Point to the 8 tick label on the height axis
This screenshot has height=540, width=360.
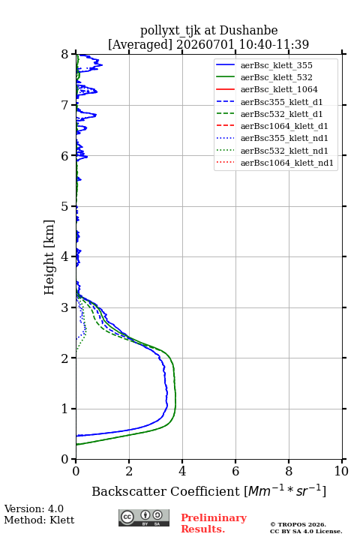[x=64, y=54]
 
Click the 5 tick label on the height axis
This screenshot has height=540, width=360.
[x=64, y=206]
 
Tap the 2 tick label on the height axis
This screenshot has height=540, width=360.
[x=64, y=358]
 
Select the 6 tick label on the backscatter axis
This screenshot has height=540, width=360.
[x=235, y=471]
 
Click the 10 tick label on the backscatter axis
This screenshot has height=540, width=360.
[x=341, y=471]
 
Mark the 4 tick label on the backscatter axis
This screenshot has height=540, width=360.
[x=182, y=471]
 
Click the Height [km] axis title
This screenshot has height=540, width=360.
[x=49, y=257]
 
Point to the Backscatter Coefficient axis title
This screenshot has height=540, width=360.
[x=208, y=490]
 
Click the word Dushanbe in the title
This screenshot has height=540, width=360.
[x=248, y=30]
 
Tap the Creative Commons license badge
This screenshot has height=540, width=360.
[x=144, y=517]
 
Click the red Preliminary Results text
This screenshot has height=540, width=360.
[x=214, y=523]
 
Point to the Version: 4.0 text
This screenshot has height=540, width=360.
[x=34, y=508]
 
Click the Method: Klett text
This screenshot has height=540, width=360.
[x=39, y=520]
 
